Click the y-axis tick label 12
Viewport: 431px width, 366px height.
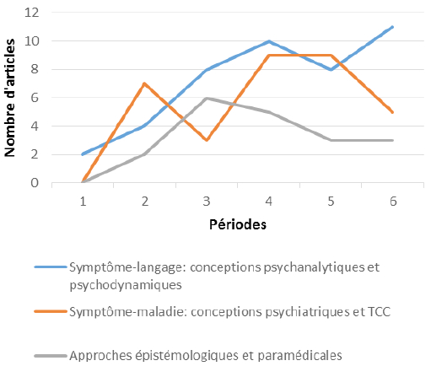tap(31, 13)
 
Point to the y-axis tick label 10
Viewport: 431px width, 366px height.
tap(31, 41)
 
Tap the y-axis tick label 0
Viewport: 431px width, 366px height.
tap(35, 183)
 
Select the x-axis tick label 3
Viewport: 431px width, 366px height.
tap(207, 202)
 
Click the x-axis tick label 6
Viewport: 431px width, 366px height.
tap(393, 202)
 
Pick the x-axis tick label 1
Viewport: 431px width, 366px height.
tap(83, 202)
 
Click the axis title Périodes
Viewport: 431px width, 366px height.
tap(238, 224)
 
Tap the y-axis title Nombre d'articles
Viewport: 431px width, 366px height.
tap(9, 98)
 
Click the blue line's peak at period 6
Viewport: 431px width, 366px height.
tap(393, 27)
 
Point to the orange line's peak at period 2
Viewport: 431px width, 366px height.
tap(144, 83)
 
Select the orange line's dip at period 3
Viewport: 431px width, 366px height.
tap(207, 140)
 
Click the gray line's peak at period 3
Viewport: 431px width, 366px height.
tap(207, 98)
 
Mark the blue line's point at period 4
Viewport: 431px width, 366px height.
tap(269, 41)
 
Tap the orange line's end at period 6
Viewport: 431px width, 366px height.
tap(393, 112)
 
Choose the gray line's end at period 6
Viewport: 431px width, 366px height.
tap(393, 140)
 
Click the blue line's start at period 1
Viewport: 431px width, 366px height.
tap(82, 154)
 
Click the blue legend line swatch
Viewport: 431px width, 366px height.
tap(51, 266)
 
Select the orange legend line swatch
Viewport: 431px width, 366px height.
tap(51, 311)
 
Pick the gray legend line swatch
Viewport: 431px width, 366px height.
tap(51, 356)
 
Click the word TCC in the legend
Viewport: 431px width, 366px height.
tap(379, 312)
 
